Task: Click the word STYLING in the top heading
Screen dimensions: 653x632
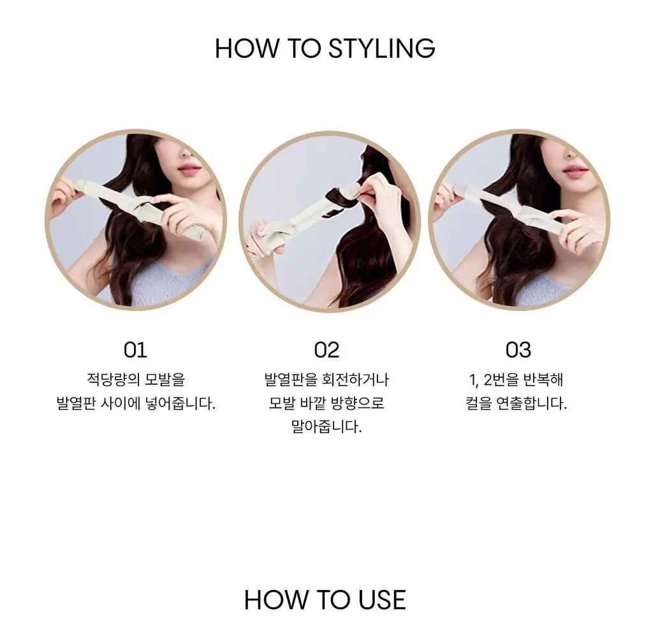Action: (381, 48)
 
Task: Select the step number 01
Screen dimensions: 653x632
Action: (135, 350)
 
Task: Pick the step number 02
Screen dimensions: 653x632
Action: (326, 350)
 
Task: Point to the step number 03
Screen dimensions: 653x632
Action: (518, 350)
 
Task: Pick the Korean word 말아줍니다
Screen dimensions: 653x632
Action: (326, 427)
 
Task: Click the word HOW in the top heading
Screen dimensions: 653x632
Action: (247, 48)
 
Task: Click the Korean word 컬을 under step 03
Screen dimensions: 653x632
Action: (479, 403)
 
